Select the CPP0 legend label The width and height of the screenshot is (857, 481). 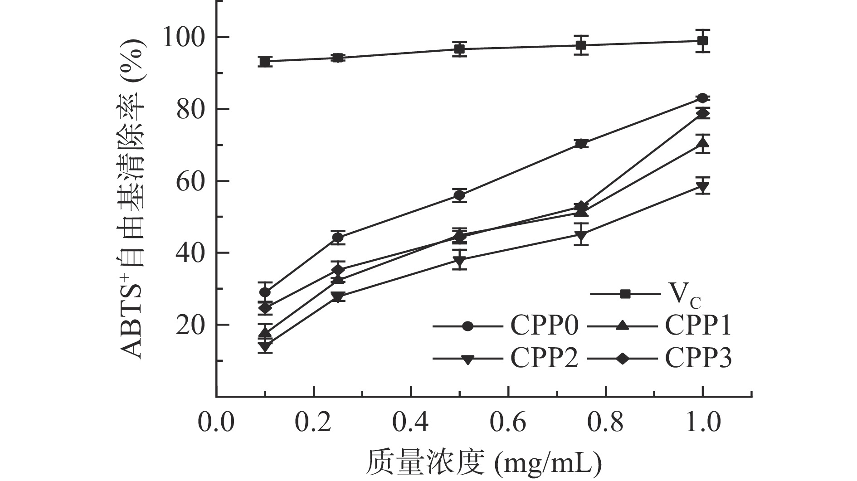pyautogui.click(x=544, y=326)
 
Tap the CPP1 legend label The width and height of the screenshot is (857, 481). pyautogui.click(x=698, y=326)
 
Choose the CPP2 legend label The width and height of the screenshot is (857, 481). pyautogui.click(x=544, y=359)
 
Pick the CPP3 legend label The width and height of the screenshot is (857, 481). pyautogui.click(x=698, y=359)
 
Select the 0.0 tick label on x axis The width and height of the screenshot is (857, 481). pyautogui.click(x=216, y=423)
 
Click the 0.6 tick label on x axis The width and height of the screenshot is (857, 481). pyautogui.click(x=508, y=423)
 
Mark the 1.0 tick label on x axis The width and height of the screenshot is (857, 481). pyautogui.click(x=702, y=423)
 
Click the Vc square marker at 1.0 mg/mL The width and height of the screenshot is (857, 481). pyautogui.click(x=702, y=41)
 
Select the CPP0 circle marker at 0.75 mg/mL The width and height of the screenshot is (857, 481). pyautogui.click(x=581, y=144)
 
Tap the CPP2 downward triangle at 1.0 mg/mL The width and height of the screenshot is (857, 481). pyautogui.click(x=702, y=186)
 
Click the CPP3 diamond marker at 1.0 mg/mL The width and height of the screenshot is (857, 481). pyautogui.click(x=702, y=113)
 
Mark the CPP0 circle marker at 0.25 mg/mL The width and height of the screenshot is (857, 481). pyautogui.click(x=337, y=237)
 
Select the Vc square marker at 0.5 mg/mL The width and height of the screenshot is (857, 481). pyautogui.click(x=460, y=49)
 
